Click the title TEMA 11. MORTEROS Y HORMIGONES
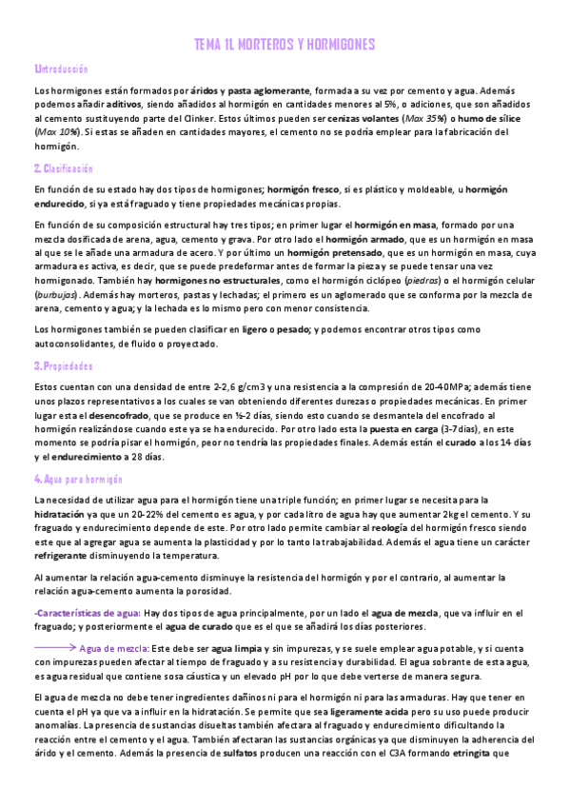[285, 45]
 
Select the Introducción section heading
[61, 69]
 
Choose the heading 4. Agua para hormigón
[73, 479]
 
